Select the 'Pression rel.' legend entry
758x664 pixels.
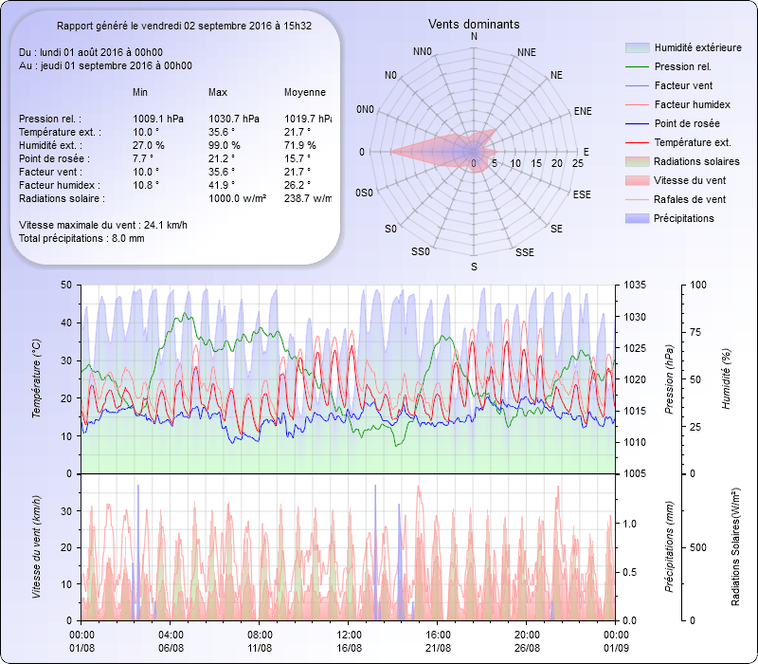point(682,66)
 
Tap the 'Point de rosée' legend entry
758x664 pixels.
point(686,123)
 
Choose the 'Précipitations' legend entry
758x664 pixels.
point(684,218)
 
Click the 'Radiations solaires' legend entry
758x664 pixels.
point(695,161)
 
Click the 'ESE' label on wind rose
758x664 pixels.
point(585,194)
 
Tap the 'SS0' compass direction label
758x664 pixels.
point(422,251)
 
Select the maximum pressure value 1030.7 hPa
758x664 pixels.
point(233,119)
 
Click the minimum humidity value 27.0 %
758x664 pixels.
point(149,145)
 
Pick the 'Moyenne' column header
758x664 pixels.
point(305,92)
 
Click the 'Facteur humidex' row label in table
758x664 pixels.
point(56,185)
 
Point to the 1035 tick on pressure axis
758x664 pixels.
point(637,285)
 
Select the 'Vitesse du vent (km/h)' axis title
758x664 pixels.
point(37,547)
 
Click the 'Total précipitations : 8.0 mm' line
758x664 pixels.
point(81,238)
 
